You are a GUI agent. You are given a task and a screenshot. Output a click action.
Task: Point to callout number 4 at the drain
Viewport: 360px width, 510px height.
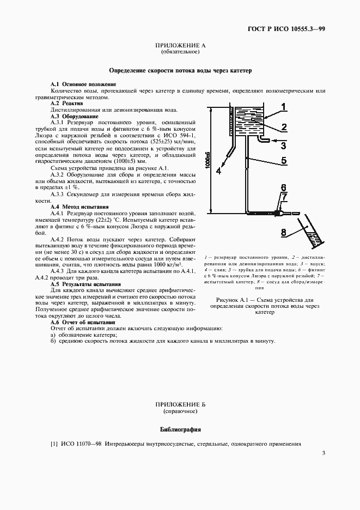pyautogui.click(x=218, y=171)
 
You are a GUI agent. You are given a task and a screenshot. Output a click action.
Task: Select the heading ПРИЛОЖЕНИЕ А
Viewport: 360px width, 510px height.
pyautogui.click(x=180, y=47)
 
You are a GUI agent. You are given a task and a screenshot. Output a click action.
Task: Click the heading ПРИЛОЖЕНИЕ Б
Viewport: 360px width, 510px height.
pyautogui.click(x=180, y=405)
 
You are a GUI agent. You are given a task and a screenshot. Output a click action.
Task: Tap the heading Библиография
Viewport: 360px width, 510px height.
pyautogui.click(x=180, y=429)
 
